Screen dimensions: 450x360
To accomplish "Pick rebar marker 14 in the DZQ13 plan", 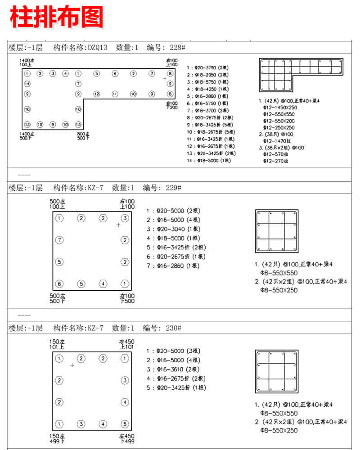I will point(27,84).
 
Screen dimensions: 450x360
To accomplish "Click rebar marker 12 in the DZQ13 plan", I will point(96,94).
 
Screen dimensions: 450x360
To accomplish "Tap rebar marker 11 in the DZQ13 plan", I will point(115,94).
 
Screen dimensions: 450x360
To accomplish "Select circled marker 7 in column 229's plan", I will point(59,240).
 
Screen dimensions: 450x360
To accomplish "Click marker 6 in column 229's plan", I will point(59,284).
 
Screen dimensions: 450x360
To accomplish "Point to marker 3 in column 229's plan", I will point(125,218).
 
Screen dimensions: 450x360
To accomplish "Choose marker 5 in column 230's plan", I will point(125,424).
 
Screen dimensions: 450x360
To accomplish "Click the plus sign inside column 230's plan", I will point(72,365).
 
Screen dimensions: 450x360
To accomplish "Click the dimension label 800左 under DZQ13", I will point(83,134).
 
